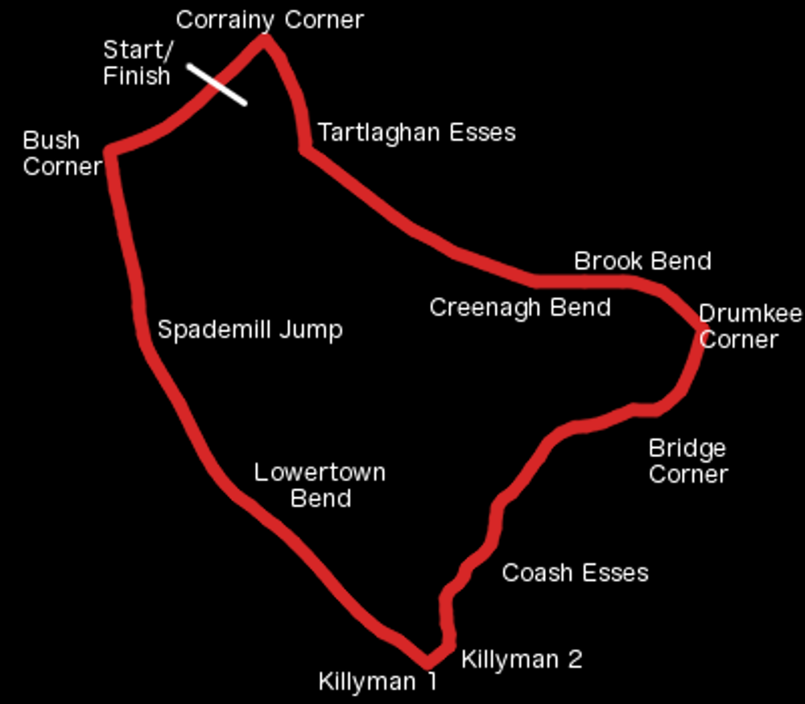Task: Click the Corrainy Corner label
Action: coord(270,21)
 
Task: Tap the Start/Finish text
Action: coord(138,63)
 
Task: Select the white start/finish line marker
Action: coord(217,84)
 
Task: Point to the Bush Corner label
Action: coord(62,154)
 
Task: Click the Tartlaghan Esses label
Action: coord(417,133)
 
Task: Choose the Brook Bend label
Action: coord(642,261)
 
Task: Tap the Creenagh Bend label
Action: coord(520,307)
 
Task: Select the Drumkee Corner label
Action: coord(750,327)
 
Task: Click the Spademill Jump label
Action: coord(250,330)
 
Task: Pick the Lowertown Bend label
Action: coord(320,485)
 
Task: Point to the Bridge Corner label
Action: coord(688,461)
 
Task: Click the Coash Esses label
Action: coord(575,573)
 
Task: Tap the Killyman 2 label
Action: coord(522,660)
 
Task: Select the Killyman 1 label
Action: coord(378,681)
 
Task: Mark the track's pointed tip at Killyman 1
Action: coord(427,662)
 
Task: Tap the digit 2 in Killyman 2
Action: coord(575,660)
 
